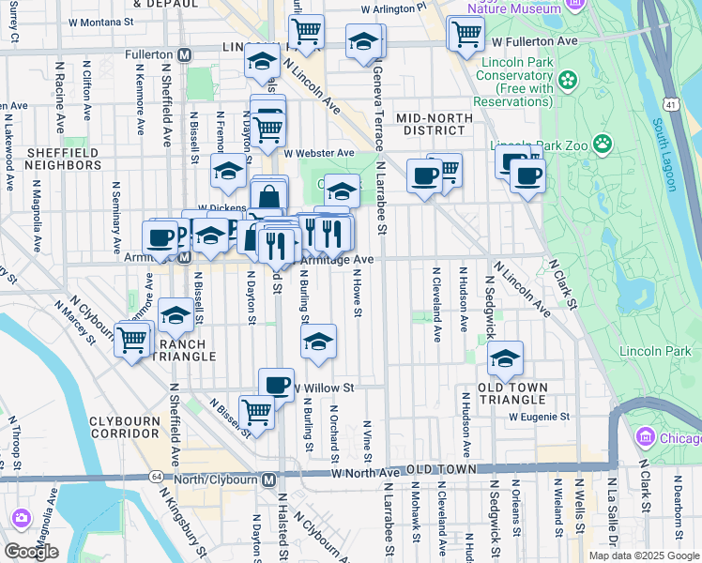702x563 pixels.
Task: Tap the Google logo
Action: pyautogui.click(x=31, y=551)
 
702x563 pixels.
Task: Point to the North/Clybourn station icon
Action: pyautogui.click(x=269, y=480)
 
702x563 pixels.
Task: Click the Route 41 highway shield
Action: pyautogui.click(x=668, y=99)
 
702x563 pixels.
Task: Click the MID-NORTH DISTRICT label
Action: pyautogui.click(x=431, y=124)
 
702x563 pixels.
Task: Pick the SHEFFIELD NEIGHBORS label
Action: pyautogui.click(x=63, y=159)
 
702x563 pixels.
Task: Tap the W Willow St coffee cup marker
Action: pyautogui.click(x=276, y=384)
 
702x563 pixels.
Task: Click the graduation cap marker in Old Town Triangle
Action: pyautogui.click(x=505, y=358)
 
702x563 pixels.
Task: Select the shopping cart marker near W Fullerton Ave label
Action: pyautogui.click(x=465, y=34)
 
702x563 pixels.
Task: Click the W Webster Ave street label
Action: pyautogui.click(x=320, y=153)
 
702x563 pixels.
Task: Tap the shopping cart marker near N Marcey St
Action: pyautogui.click(x=132, y=339)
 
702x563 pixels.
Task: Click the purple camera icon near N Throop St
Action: pyautogui.click(x=21, y=518)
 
